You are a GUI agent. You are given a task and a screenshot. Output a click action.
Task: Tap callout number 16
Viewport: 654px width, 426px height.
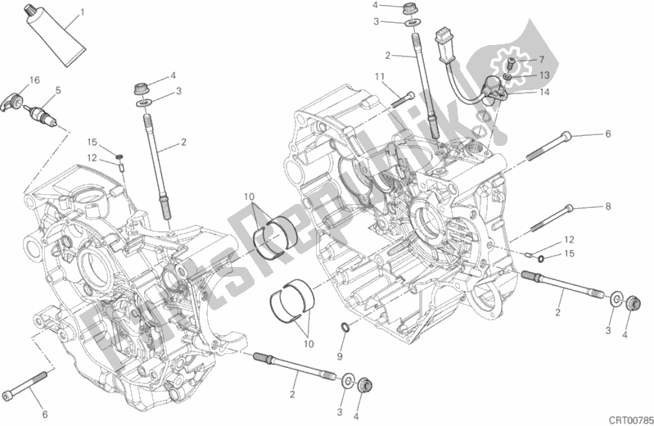(x=34, y=79)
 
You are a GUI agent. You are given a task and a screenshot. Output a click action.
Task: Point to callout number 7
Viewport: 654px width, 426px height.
(x=540, y=60)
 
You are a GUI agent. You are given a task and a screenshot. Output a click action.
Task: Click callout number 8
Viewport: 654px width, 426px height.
(x=607, y=206)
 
